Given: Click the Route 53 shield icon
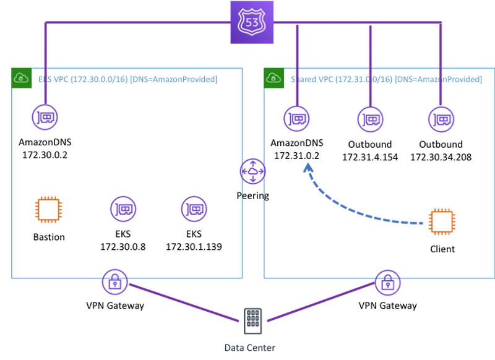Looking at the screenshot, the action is click(252, 22).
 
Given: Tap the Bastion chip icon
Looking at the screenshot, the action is click(48, 210).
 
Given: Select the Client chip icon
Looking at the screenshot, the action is click(442, 222).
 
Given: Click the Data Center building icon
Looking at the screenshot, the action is click(253, 321).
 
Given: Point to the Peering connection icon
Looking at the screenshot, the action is click(252, 171).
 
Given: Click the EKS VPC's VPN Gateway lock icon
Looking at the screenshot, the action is click(115, 282).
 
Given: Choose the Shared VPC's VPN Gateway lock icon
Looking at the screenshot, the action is click(388, 283).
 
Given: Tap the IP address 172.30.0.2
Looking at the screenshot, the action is click(45, 155).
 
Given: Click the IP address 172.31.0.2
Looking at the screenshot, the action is click(297, 155).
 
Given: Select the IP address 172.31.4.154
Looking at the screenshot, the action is click(370, 157).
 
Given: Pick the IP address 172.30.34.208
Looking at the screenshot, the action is click(441, 157).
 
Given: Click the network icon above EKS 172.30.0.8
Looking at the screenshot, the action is click(123, 209).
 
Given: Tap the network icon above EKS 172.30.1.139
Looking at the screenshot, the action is click(194, 209).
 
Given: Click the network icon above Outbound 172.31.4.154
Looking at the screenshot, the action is click(370, 119).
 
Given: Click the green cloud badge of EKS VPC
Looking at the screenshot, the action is click(22, 78).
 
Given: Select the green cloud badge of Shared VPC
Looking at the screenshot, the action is click(273, 78).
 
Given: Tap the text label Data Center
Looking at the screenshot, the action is click(250, 348).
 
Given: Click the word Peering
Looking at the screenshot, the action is click(253, 195).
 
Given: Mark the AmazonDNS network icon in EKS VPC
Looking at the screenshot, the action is click(45, 117).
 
